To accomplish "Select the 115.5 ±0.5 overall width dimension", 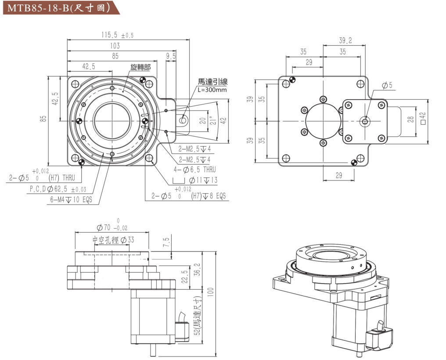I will (117, 35).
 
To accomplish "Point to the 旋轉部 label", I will (140, 67).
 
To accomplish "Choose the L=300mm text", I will (212, 90).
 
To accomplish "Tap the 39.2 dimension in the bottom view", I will (345, 40).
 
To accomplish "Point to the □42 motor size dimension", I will (423, 119).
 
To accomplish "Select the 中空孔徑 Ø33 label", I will (113, 240).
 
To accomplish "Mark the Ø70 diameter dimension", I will (111, 227).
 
